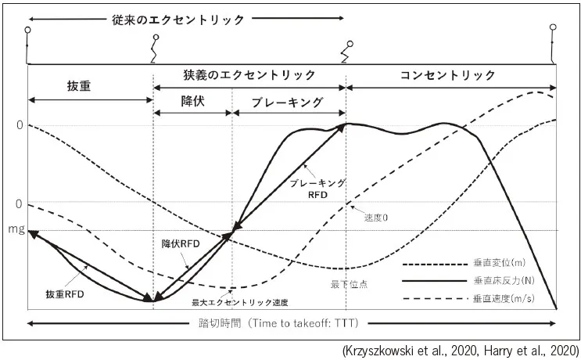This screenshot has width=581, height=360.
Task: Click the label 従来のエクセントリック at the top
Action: (178, 19)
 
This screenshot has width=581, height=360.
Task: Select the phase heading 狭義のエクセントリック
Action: (249, 75)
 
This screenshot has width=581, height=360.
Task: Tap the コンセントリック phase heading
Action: (447, 75)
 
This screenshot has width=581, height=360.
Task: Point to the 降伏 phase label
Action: (193, 102)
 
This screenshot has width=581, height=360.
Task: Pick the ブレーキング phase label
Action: (289, 102)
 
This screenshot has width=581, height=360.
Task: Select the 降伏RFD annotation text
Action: (181, 243)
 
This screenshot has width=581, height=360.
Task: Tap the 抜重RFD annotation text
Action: (64, 293)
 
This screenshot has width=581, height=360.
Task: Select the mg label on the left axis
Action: (14, 231)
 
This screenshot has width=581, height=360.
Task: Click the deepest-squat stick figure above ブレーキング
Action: (345, 52)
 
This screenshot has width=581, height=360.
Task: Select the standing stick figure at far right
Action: (555, 43)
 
